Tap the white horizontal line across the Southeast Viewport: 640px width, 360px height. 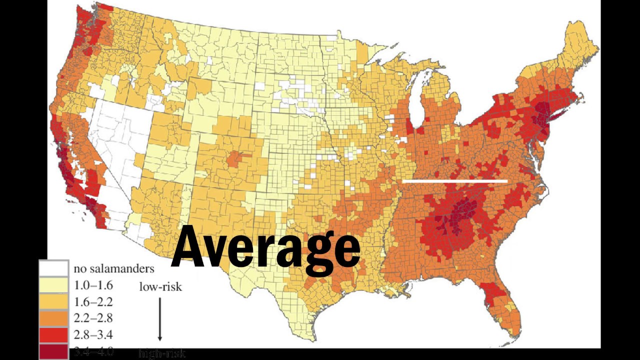(454, 181)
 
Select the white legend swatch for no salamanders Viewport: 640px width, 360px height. (54, 268)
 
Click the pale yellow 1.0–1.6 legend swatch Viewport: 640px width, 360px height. (54, 285)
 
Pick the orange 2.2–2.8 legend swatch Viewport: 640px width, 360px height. (54, 318)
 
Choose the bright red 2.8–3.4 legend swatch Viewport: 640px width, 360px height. (54, 334)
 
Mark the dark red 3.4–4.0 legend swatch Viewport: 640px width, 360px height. (54, 351)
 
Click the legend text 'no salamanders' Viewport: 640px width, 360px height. (114, 269)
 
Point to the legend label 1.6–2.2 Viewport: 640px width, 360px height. (93, 301)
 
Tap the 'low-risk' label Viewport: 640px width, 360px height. (160, 287)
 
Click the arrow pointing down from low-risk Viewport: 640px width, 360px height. (160, 320)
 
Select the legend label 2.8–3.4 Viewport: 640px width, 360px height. (93, 334)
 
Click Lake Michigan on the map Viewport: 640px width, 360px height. (416, 100)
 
